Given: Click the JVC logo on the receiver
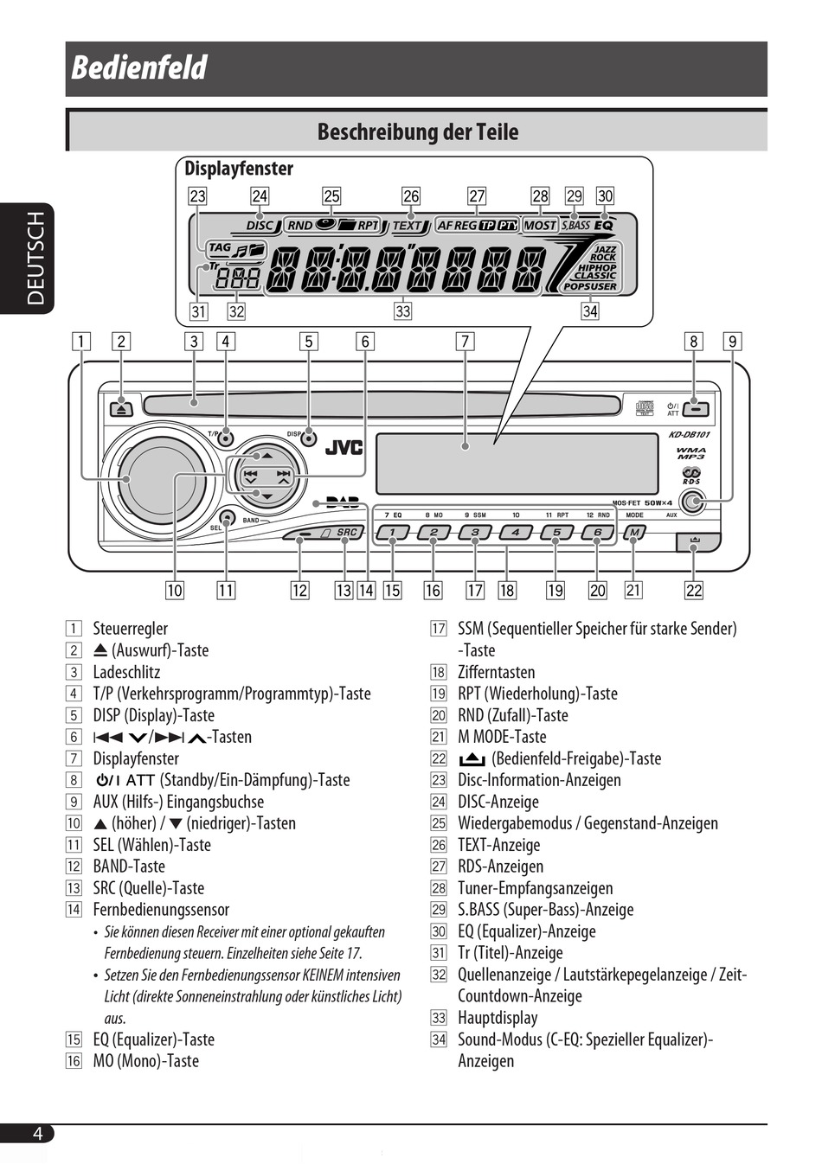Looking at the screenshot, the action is click(x=344, y=447).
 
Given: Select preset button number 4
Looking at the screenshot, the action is click(x=515, y=533).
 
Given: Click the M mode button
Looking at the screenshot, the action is click(x=633, y=533).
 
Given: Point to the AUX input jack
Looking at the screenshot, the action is click(x=692, y=502).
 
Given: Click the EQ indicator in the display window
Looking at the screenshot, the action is click(x=604, y=226).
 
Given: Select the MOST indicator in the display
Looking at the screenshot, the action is click(x=540, y=226).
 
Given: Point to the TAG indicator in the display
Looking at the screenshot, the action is click(x=220, y=248).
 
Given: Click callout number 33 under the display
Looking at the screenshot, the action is click(x=403, y=311).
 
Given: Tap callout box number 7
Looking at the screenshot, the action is click(x=465, y=342).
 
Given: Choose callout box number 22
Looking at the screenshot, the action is click(x=694, y=591).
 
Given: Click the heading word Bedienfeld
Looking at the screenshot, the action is click(x=138, y=67).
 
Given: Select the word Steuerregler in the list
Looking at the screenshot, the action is click(x=131, y=628).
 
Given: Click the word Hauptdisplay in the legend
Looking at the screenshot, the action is click(x=498, y=1018).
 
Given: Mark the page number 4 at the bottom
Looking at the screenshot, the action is click(x=37, y=1133).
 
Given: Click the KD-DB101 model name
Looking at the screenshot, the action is click(x=689, y=434).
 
